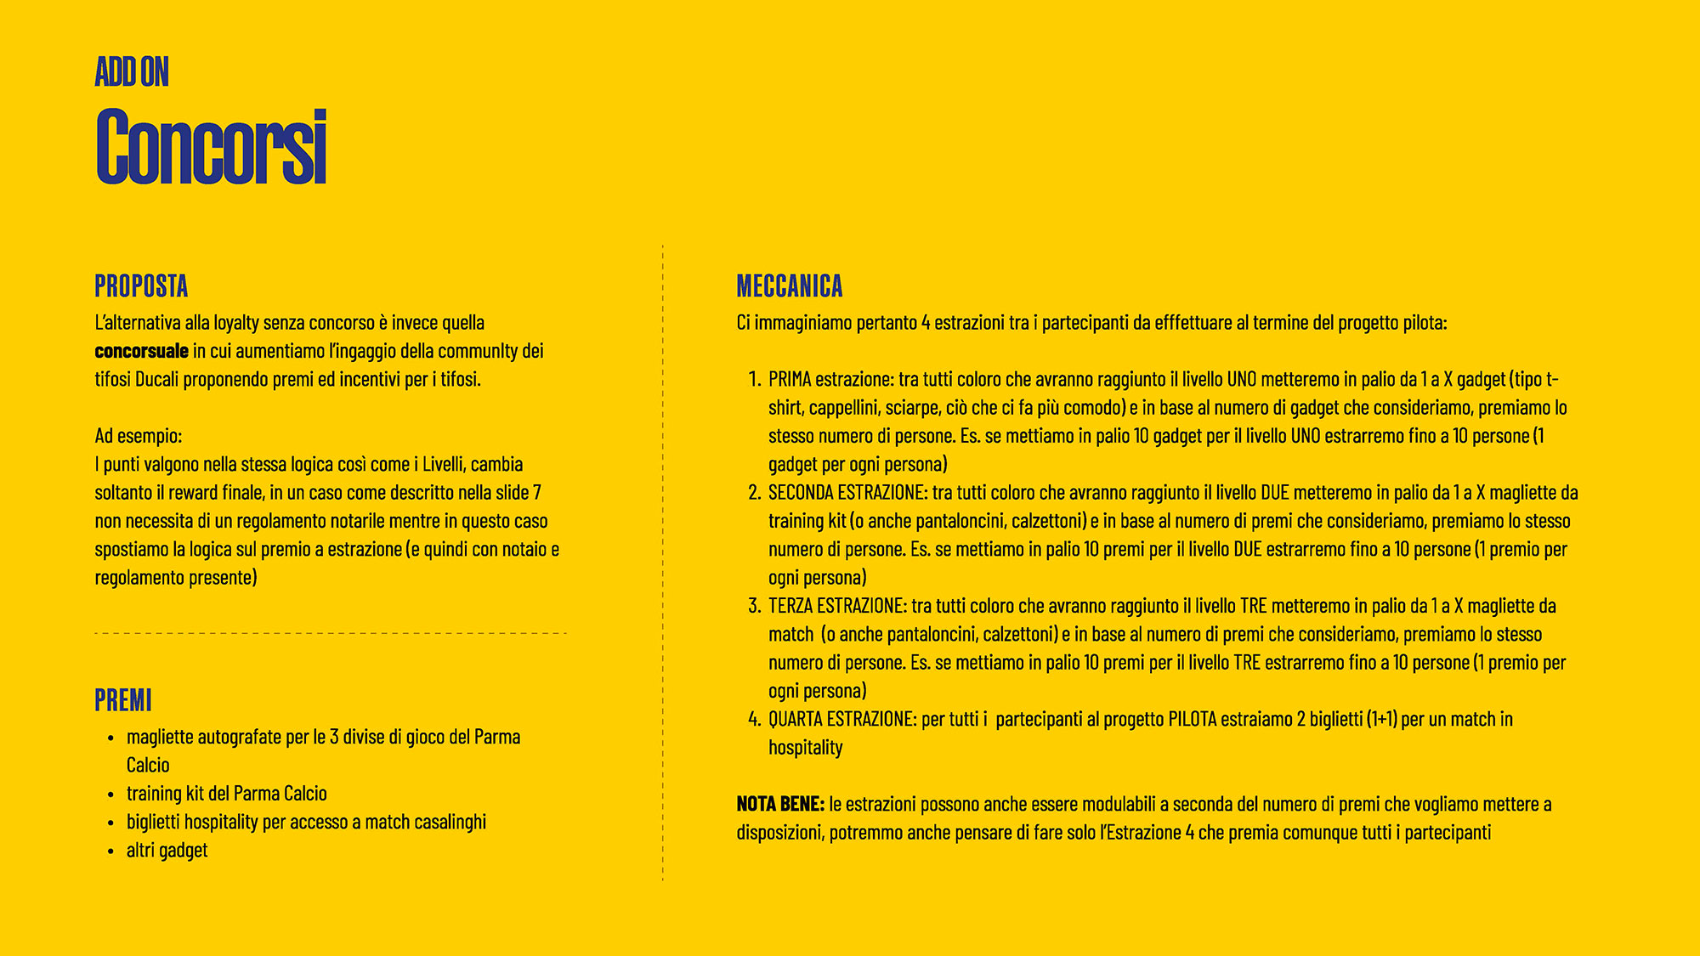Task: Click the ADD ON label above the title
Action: coord(132,72)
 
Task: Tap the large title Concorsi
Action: coord(212,146)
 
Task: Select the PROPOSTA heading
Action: coord(141,286)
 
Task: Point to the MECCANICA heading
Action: coord(789,286)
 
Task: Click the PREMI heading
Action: coord(123,701)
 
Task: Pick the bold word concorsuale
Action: coord(141,351)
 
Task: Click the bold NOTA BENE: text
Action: coord(780,804)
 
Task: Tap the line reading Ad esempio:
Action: coord(139,436)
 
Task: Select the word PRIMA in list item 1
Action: coord(790,379)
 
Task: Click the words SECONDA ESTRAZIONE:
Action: coord(847,493)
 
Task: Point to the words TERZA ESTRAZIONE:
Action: coord(837,606)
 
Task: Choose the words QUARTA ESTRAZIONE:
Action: coord(842,720)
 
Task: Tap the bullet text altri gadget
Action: coord(167,851)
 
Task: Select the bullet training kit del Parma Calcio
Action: coord(226,794)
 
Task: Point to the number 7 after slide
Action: coord(537,493)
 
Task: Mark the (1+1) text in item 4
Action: coord(1382,720)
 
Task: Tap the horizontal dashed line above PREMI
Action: coord(330,633)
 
